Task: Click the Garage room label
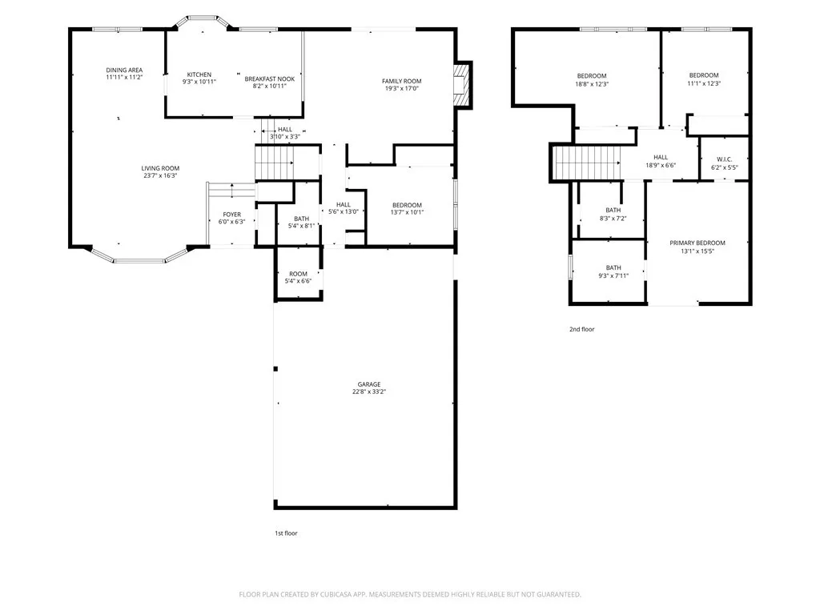click(x=369, y=384)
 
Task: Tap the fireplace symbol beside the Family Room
click(x=460, y=85)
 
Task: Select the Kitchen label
click(x=199, y=74)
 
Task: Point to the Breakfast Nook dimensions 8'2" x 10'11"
click(x=269, y=86)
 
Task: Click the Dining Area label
click(x=124, y=70)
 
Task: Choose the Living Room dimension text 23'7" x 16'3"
click(x=160, y=175)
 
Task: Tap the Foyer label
click(x=232, y=215)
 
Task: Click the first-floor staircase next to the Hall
click(x=275, y=163)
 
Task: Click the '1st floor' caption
click(x=286, y=533)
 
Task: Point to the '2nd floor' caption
click(x=582, y=329)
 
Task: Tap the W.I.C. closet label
click(x=724, y=159)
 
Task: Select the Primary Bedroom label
click(x=697, y=243)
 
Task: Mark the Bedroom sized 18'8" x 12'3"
click(x=592, y=79)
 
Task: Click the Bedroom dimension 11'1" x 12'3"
click(x=704, y=83)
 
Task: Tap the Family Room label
click(x=402, y=81)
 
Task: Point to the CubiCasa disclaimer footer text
click(x=410, y=595)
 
